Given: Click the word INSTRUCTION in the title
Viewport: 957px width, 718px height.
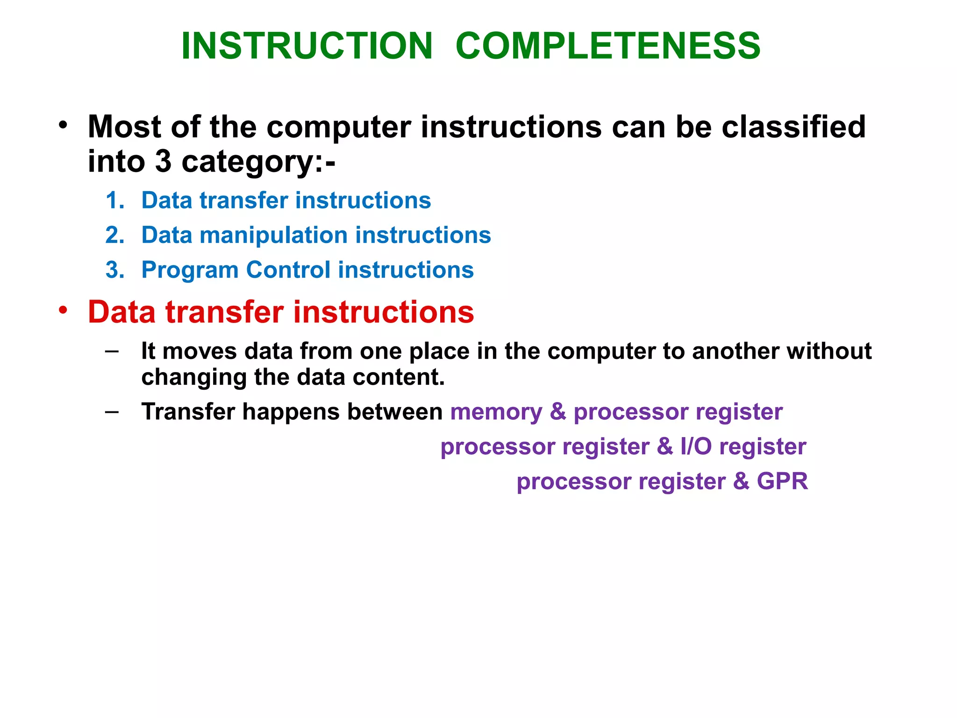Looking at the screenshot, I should click(x=307, y=46).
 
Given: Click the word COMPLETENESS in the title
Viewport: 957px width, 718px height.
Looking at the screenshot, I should click(x=608, y=46).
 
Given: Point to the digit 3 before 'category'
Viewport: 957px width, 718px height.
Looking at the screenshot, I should click(x=163, y=161).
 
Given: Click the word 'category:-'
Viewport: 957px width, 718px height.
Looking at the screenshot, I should click(x=258, y=162).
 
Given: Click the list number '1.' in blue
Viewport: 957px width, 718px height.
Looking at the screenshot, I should click(x=115, y=201).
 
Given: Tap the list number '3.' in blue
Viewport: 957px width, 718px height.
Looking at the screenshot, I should click(x=115, y=270).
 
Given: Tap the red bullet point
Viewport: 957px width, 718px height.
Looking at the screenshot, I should click(x=63, y=310).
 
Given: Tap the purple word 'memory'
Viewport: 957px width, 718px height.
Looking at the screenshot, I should click(x=496, y=412).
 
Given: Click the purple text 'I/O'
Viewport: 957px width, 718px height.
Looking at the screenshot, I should click(x=696, y=446).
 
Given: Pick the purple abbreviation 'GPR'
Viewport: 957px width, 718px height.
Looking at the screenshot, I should click(x=782, y=481).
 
